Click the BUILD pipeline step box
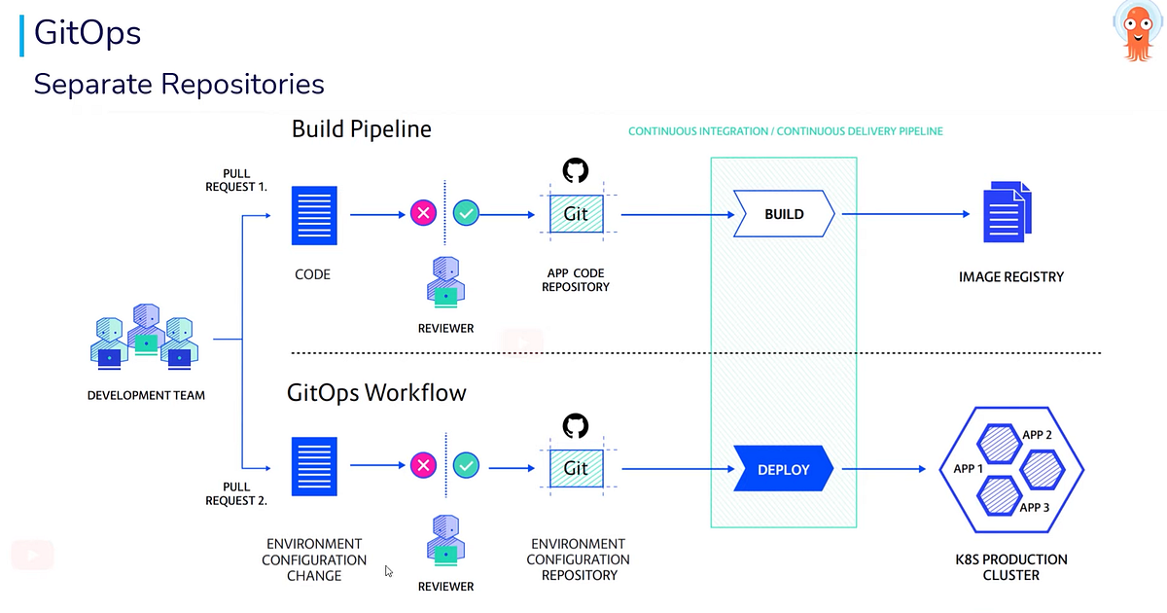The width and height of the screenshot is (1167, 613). tap(784, 214)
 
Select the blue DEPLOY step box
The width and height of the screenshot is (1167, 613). tap(784, 469)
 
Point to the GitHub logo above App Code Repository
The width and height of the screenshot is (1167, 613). tap(576, 171)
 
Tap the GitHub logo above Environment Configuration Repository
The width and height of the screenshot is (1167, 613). tap(576, 426)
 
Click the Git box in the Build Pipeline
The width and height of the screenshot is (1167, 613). tap(576, 214)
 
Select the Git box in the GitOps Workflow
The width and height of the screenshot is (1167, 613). tap(576, 468)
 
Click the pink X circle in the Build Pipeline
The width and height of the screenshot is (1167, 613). tap(423, 213)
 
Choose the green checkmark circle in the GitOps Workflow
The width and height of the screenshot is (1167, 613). tap(467, 465)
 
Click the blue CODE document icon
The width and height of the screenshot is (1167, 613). tap(314, 215)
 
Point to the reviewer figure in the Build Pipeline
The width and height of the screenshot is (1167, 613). tap(445, 281)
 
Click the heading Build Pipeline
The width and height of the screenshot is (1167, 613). tap(361, 128)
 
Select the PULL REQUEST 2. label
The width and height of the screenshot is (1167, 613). tap(236, 493)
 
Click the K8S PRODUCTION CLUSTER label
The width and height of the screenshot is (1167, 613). tap(1010, 567)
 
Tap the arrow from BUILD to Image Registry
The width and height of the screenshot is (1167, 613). tap(905, 214)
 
